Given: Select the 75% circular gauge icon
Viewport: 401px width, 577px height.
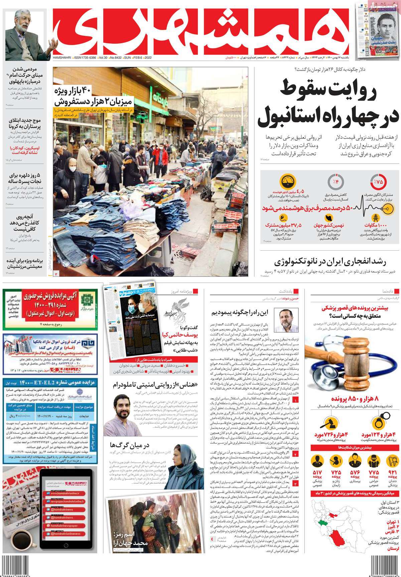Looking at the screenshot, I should point(378,182).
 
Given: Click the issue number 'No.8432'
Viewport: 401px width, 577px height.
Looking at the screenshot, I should point(114,58).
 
